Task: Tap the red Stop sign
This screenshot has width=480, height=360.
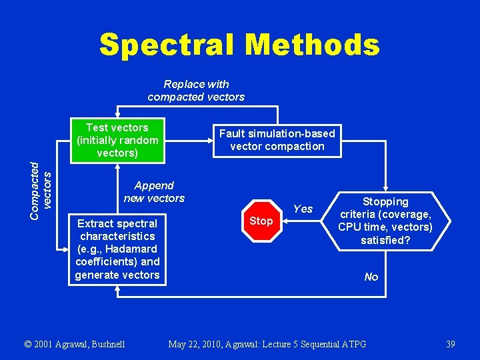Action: [x=261, y=221]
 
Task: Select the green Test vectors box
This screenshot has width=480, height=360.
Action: [x=117, y=140]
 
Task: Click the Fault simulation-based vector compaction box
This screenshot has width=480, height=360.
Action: [x=277, y=140]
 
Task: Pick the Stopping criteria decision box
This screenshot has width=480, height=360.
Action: [x=385, y=221]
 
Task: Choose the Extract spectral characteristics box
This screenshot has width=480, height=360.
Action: [x=117, y=249]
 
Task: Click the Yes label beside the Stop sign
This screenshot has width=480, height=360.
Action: [x=303, y=209]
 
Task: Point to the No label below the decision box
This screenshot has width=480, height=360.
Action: [x=371, y=277]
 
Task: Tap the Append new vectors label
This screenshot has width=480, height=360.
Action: [x=154, y=192]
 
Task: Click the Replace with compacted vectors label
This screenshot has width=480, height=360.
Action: [x=196, y=91]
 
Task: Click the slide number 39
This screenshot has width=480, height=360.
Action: [x=451, y=344]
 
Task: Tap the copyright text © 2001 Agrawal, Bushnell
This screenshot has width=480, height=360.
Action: [x=74, y=344]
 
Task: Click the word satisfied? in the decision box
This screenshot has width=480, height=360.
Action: [x=385, y=240]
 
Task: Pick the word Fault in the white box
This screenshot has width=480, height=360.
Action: [x=233, y=133]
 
